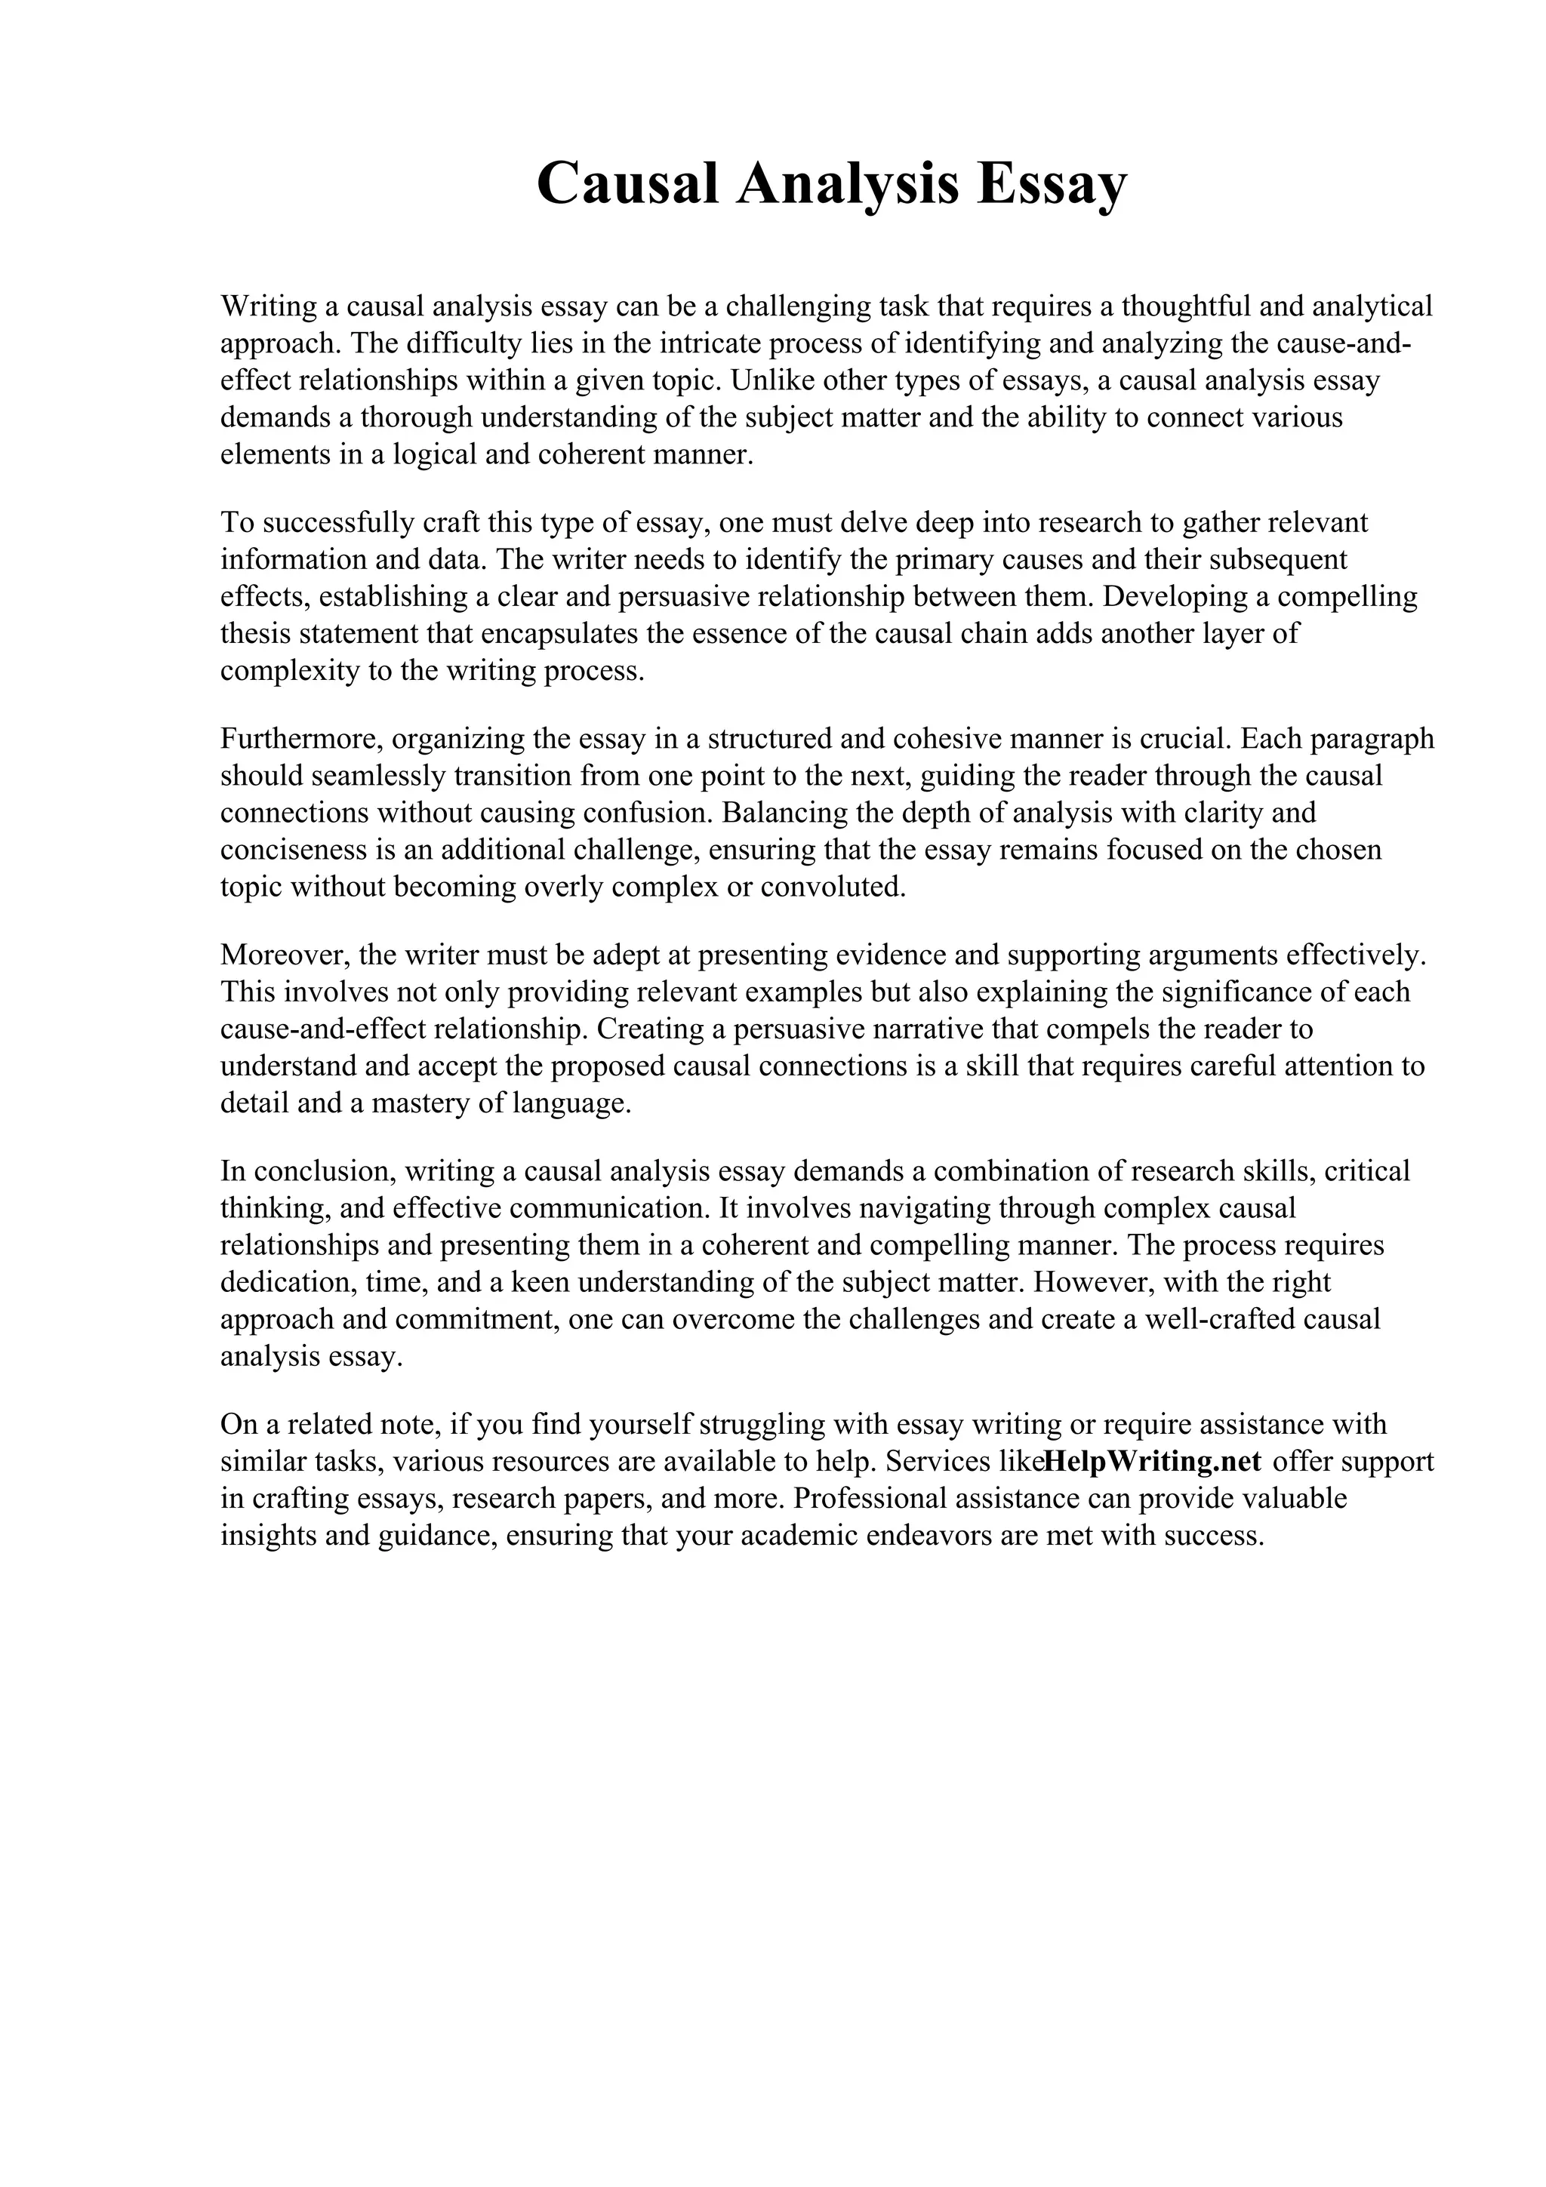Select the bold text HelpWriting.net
click(x=1153, y=1461)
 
